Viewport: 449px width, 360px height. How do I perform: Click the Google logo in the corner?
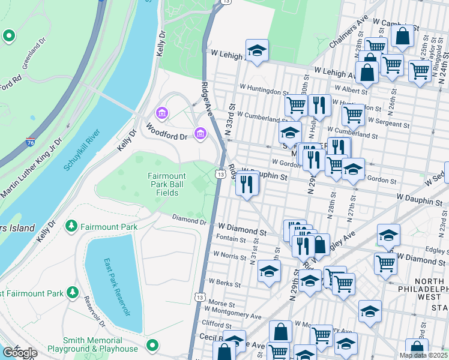click(19, 353)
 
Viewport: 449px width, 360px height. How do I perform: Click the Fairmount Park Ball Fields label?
click(163, 184)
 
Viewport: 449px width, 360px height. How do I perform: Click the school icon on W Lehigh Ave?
click(256, 52)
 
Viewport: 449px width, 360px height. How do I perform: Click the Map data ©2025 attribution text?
click(423, 355)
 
